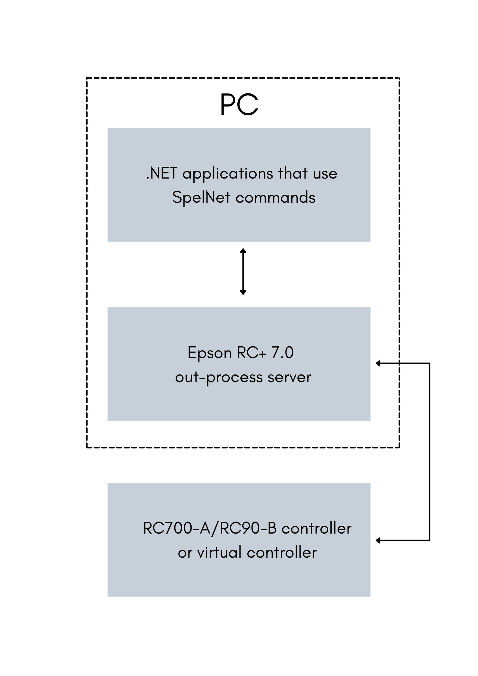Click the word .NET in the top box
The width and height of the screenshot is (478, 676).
coord(161,173)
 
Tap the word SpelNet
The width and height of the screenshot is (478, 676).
coord(201,198)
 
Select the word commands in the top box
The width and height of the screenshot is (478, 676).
coord(275,198)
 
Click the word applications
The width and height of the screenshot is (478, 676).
coord(228,174)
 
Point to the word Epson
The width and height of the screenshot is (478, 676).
coord(209,353)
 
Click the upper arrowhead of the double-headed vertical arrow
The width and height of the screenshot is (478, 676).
coord(243,251)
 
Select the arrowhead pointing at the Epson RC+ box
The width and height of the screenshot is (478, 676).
coord(378,363)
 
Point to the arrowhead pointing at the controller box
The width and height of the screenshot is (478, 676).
coord(378,540)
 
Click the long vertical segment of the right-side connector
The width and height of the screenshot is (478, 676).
coord(429,452)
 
